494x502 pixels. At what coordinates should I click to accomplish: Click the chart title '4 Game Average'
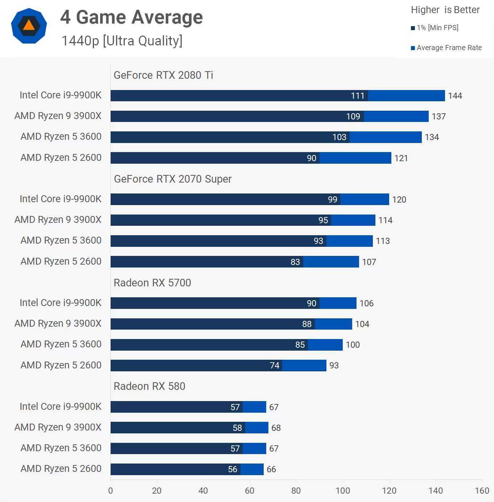(x=131, y=17)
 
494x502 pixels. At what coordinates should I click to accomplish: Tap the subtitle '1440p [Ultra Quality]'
(x=122, y=41)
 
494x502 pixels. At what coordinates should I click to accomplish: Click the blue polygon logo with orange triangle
(x=29, y=26)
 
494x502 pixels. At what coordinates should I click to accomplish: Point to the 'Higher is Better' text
(x=445, y=10)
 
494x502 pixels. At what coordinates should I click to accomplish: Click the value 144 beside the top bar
(x=455, y=96)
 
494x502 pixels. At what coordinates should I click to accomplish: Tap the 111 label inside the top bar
(x=357, y=96)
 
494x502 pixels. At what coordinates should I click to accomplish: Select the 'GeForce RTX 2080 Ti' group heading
(x=163, y=75)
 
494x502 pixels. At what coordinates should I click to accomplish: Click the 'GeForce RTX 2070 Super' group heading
(x=173, y=179)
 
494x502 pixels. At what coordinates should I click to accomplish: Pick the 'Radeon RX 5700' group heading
(x=152, y=283)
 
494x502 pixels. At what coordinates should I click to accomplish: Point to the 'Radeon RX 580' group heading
(x=149, y=386)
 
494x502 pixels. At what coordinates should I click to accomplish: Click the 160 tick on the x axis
(x=482, y=491)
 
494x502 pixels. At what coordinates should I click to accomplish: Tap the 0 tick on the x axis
(x=111, y=491)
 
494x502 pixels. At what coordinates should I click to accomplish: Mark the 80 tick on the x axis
(x=296, y=491)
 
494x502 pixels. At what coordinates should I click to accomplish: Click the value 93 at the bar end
(x=334, y=366)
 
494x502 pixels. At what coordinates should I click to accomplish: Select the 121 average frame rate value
(x=401, y=158)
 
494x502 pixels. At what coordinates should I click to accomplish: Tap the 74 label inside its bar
(x=275, y=366)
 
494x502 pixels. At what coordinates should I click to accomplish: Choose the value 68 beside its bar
(x=276, y=428)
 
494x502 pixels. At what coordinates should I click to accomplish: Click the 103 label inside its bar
(x=339, y=137)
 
